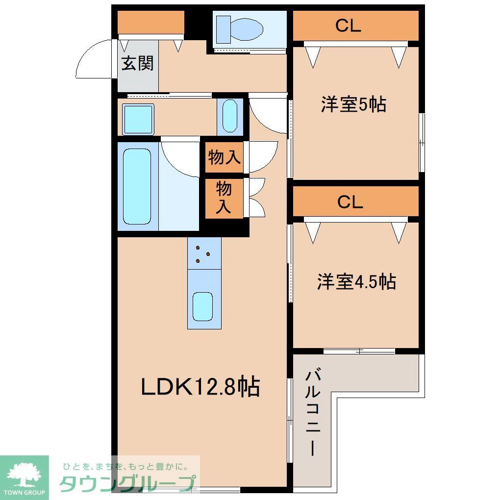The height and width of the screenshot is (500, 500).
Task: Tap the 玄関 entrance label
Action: tap(138, 63)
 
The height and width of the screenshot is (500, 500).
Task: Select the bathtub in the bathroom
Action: tap(137, 186)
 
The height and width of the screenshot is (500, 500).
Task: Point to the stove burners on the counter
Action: tap(203, 255)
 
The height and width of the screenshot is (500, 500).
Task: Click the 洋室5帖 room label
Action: tap(353, 104)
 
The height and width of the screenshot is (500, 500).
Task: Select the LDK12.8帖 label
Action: tap(200, 387)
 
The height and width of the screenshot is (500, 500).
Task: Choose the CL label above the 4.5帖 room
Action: tap(350, 202)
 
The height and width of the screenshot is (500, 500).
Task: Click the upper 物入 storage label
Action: tap(225, 158)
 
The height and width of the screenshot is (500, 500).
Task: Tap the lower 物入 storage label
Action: tap(224, 197)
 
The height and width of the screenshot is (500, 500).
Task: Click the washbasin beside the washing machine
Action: tap(229, 116)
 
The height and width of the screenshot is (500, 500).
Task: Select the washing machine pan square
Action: tap(138, 119)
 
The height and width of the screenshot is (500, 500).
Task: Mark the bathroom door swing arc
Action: tap(179, 157)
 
